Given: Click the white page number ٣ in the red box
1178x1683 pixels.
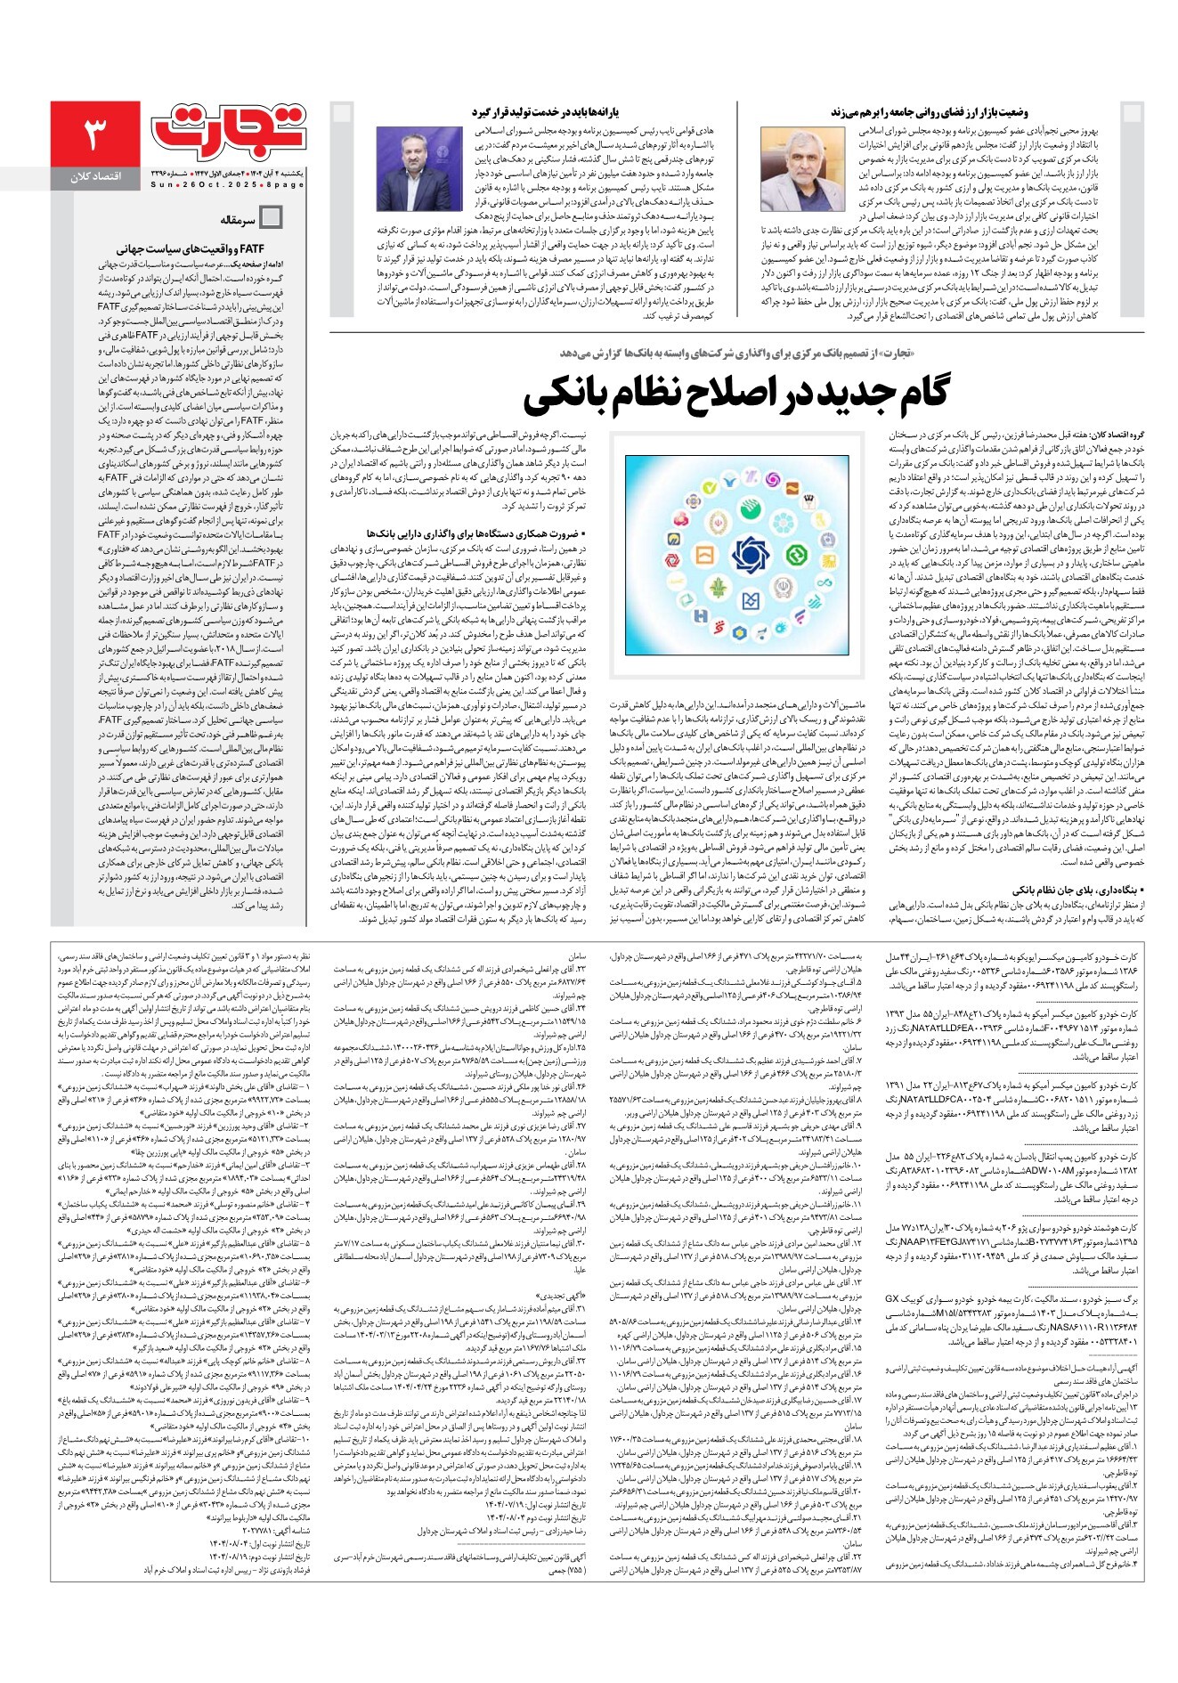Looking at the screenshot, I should click(x=94, y=134).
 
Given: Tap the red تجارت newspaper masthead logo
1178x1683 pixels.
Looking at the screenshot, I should click(x=230, y=130).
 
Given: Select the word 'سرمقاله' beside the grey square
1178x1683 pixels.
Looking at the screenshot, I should click(x=239, y=219).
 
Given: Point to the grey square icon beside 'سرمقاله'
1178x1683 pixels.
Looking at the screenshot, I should click(x=271, y=218).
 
